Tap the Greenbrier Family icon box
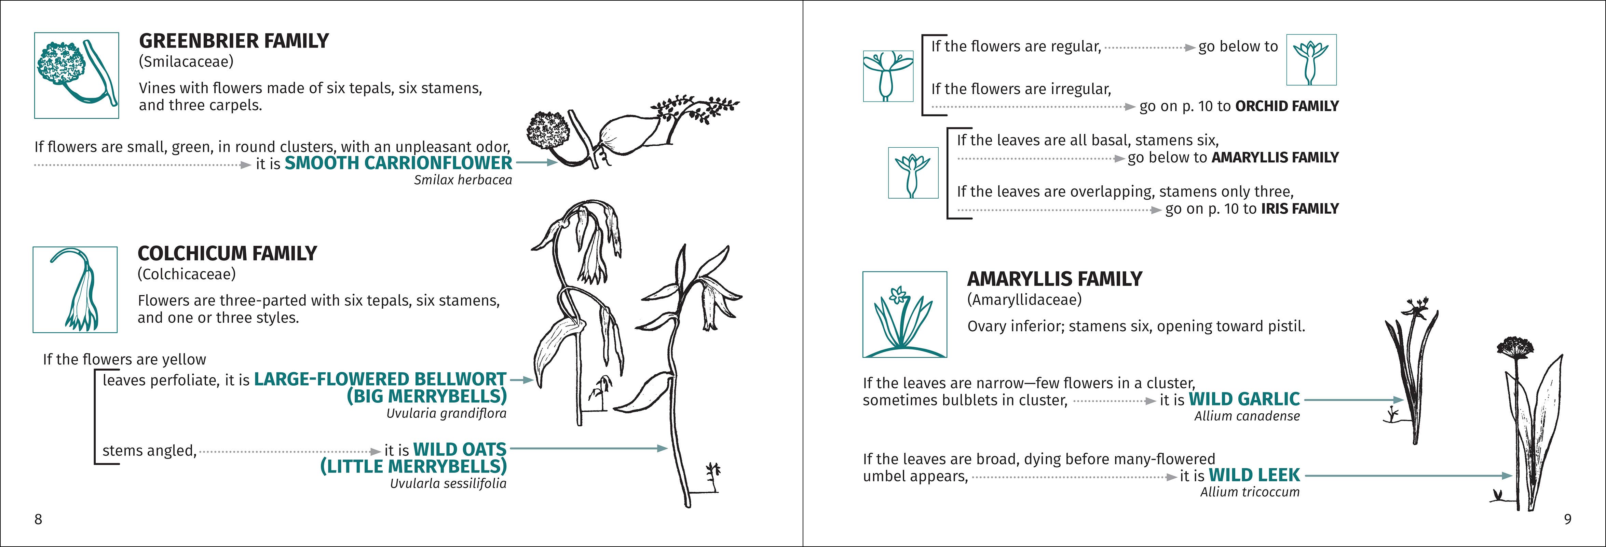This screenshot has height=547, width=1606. coord(76,76)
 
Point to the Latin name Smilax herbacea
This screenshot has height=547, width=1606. coord(463,180)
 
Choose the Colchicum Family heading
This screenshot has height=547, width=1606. coord(227,254)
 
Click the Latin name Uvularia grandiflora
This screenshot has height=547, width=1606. coord(446,414)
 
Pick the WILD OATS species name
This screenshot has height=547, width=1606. coord(460,450)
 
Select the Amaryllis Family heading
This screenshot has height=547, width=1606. coord(1054,279)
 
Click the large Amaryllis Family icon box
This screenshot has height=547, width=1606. coord(904,314)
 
